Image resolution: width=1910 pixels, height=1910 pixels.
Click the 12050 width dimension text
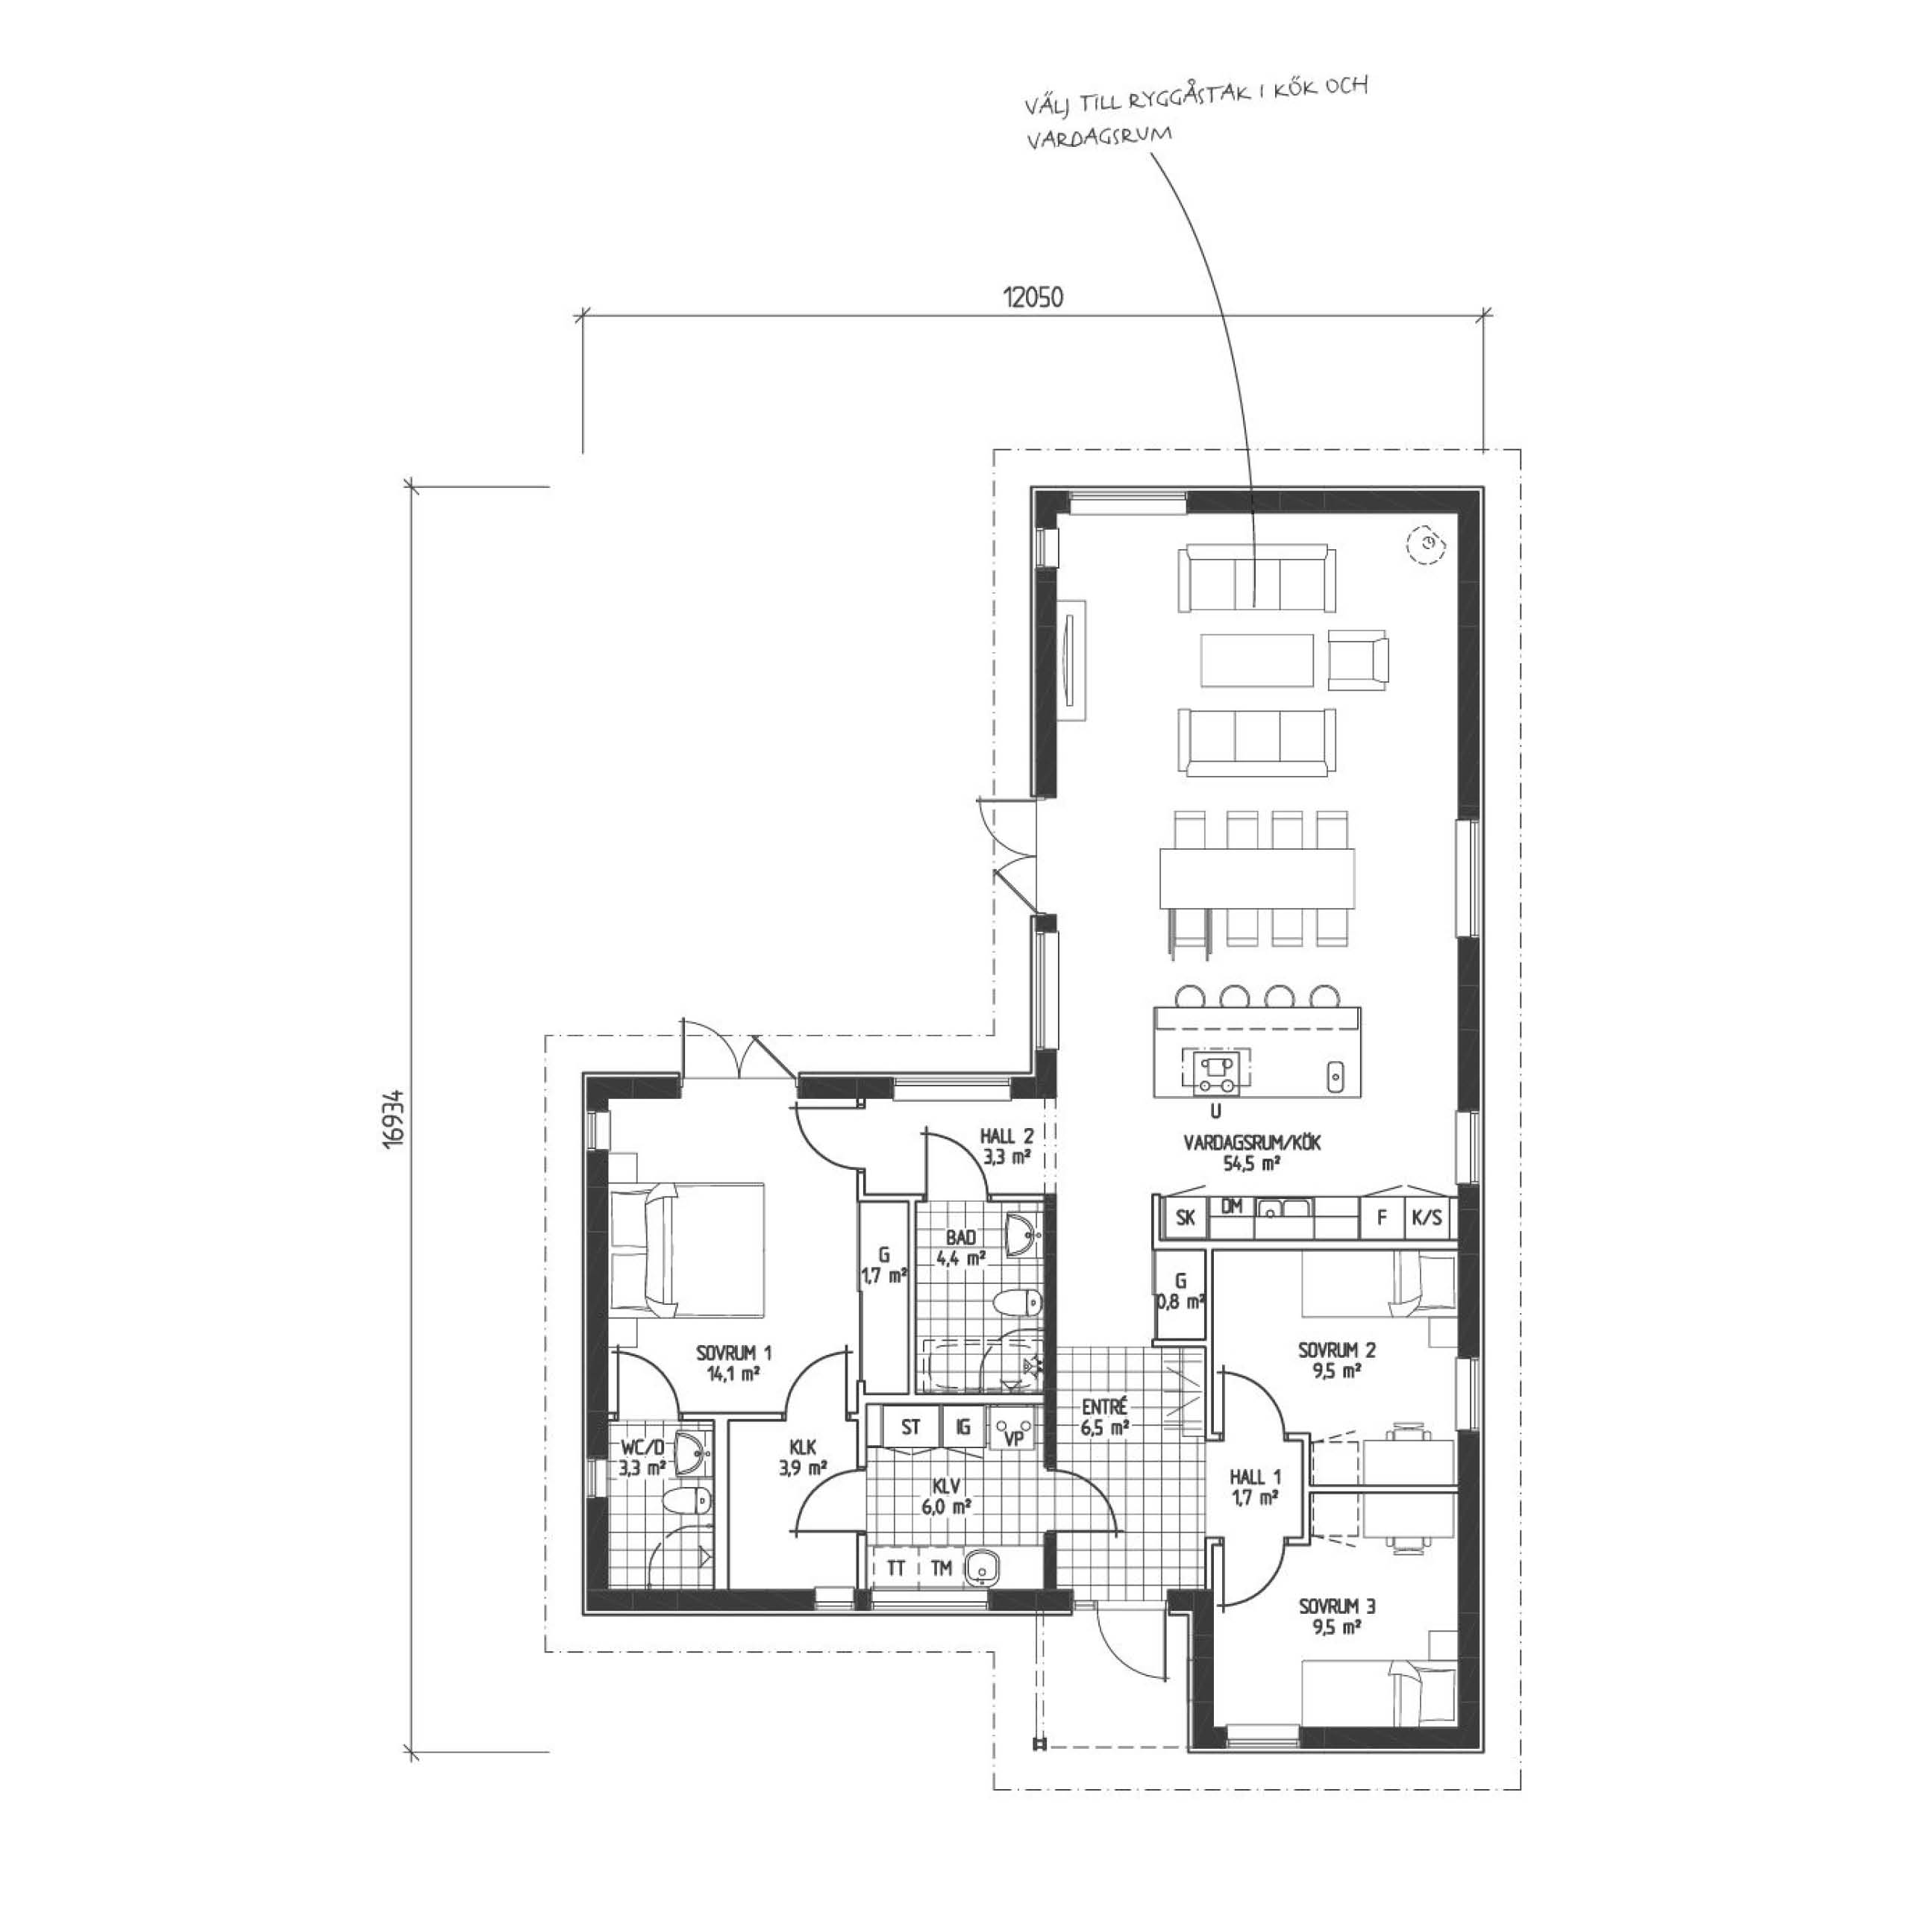pyautogui.click(x=1033, y=297)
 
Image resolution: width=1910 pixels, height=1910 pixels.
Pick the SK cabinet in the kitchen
pyautogui.click(x=1184, y=1218)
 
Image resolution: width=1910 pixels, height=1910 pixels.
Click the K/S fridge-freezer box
pyautogui.click(x=1427, y=1218)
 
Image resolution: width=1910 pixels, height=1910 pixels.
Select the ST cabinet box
pyautogui.click(x=910, y=1427)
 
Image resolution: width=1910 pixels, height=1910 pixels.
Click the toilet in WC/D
pyautogui.click(x=689, y=1503)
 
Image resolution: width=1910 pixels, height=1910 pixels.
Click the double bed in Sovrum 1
pyautogui.click(x=688, y=1250)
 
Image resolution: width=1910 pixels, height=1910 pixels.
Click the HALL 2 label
pyautogui.click(x=1007, y=1145)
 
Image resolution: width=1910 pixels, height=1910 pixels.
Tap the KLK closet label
pyautogui.click(x=803, y=1456)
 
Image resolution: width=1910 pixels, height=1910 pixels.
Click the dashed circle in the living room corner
pyautogui.click(x=1426, y=542)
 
